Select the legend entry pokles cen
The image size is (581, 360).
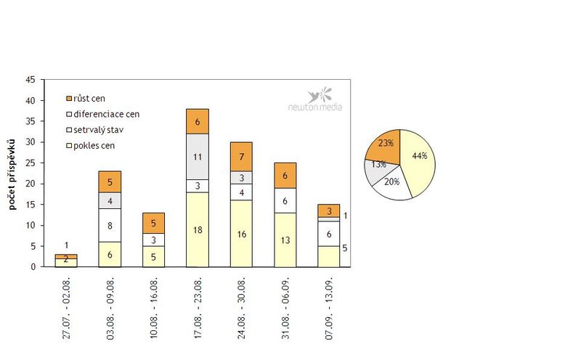click(x=94, y=146)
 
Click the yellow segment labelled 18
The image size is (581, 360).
click(x=198, y=229)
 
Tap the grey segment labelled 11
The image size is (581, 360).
click(x=198, y=157)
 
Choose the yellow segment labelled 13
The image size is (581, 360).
click(x=285, y=240)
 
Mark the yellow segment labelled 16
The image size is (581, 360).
click(x=242, y=234)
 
